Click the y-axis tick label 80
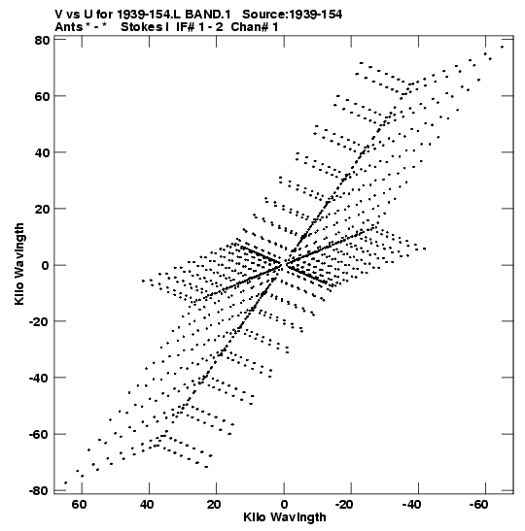[x=42, y=41]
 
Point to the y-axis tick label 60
[x=42, y=96]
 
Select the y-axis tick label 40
[x=42, y=152]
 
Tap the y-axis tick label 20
[x=42, y=209]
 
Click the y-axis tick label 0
[x=46, y=265]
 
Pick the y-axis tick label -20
[x=39, y=321]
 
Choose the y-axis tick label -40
[x=39, y=378]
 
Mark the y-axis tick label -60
[x=39, y=434]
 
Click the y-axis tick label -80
[x=39, y=490]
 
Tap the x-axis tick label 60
[x=79, y=505]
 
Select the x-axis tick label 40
[x=146, y=505]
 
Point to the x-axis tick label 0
[x=284, y=505]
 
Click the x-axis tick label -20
[x=344, y=505]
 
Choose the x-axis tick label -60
[x=479, y=505]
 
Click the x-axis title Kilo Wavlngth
[x=285, y=517]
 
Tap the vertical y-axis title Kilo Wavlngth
[x=19, y=264]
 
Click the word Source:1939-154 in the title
[x=293, y=15]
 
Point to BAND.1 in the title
[x=208, y=15]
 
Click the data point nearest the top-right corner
[x=502, y=47]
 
